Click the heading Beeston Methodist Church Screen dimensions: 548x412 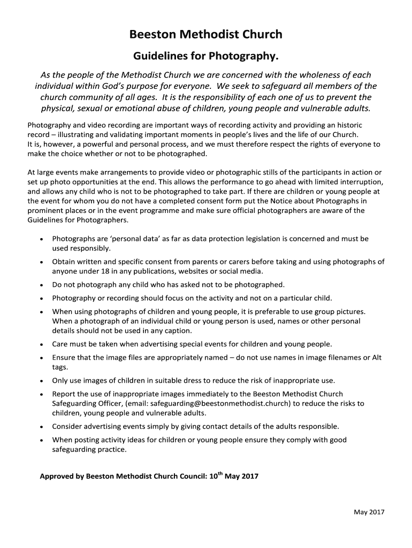[x=206, y=35]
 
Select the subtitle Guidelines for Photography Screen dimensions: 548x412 [x=206, y=56]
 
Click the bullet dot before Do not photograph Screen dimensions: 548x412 [x=42, y=285]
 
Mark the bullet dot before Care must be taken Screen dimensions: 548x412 [x=42, y=345]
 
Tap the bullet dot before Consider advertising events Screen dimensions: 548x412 [x=42, y=427]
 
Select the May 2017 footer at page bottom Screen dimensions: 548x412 [x=369, y=512]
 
